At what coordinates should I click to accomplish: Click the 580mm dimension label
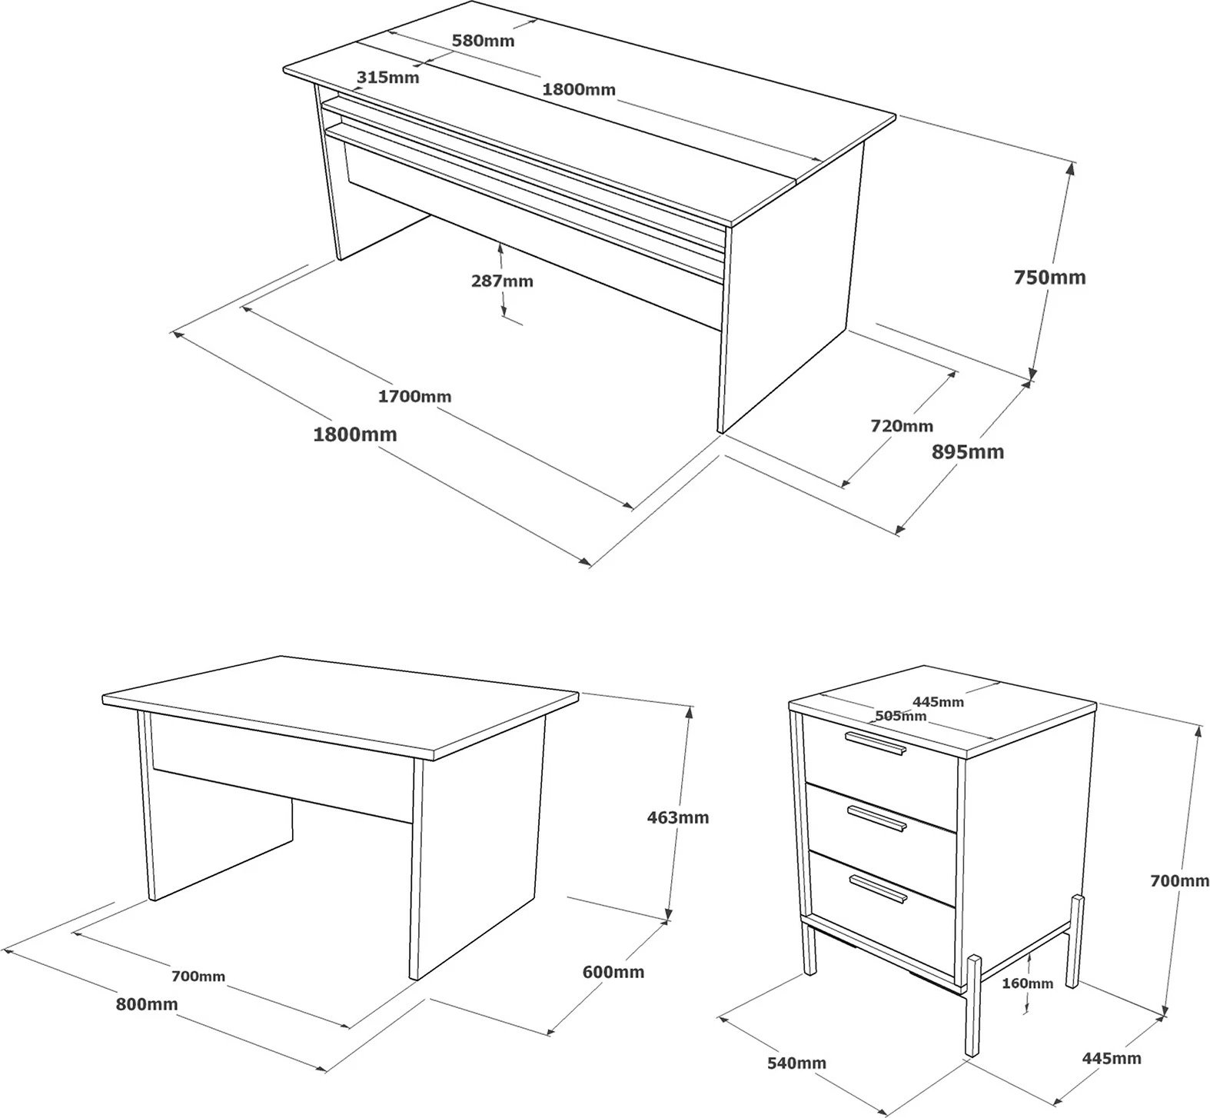point(483,40)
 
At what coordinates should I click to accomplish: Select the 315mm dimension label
point(388,77)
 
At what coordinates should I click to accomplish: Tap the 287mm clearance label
point(502,281)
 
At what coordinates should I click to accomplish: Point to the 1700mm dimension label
point(415,397)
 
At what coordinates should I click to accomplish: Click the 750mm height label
point(1049,277)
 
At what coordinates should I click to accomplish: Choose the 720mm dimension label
point(902,425)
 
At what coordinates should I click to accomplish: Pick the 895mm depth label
point(968,451)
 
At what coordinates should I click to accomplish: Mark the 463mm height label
point(678,817)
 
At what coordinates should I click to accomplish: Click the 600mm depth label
point(613,972)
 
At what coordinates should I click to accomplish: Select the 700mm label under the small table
point(198,977)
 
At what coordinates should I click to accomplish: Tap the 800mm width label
point(147,1004)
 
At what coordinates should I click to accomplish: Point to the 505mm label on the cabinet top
point(901,716)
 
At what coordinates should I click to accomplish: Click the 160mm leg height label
point(1028,983)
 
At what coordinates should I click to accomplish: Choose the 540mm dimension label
point(797,1063)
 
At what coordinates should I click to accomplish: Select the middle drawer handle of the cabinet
point(876,817)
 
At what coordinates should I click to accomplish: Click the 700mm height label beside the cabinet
point(1179,881)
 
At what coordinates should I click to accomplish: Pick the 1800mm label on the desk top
point(579,89)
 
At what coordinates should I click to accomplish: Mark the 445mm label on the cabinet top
point(938,701)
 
